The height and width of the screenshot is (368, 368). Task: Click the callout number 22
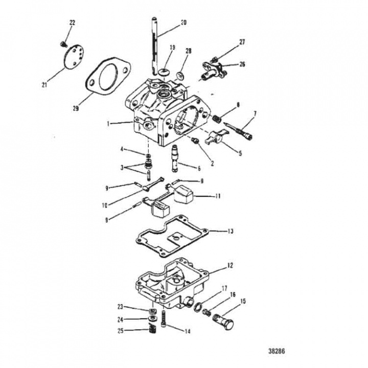pyautogui.click(x=72, y=22)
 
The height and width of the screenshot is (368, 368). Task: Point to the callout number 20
pyautogui.click(x=183, y=23)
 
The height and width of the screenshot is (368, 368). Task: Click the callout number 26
pyautogui.click(x=242, y=64)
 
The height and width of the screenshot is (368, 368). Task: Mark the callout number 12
pyautogui.click(x=230, y=265)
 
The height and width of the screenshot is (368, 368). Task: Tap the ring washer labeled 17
pyautogui.click(x=197, y=307)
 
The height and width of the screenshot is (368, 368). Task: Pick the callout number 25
pyautogui.click(x=120, y=331)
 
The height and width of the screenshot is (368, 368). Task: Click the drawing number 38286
pyautogui.click(x=277, y=352)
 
